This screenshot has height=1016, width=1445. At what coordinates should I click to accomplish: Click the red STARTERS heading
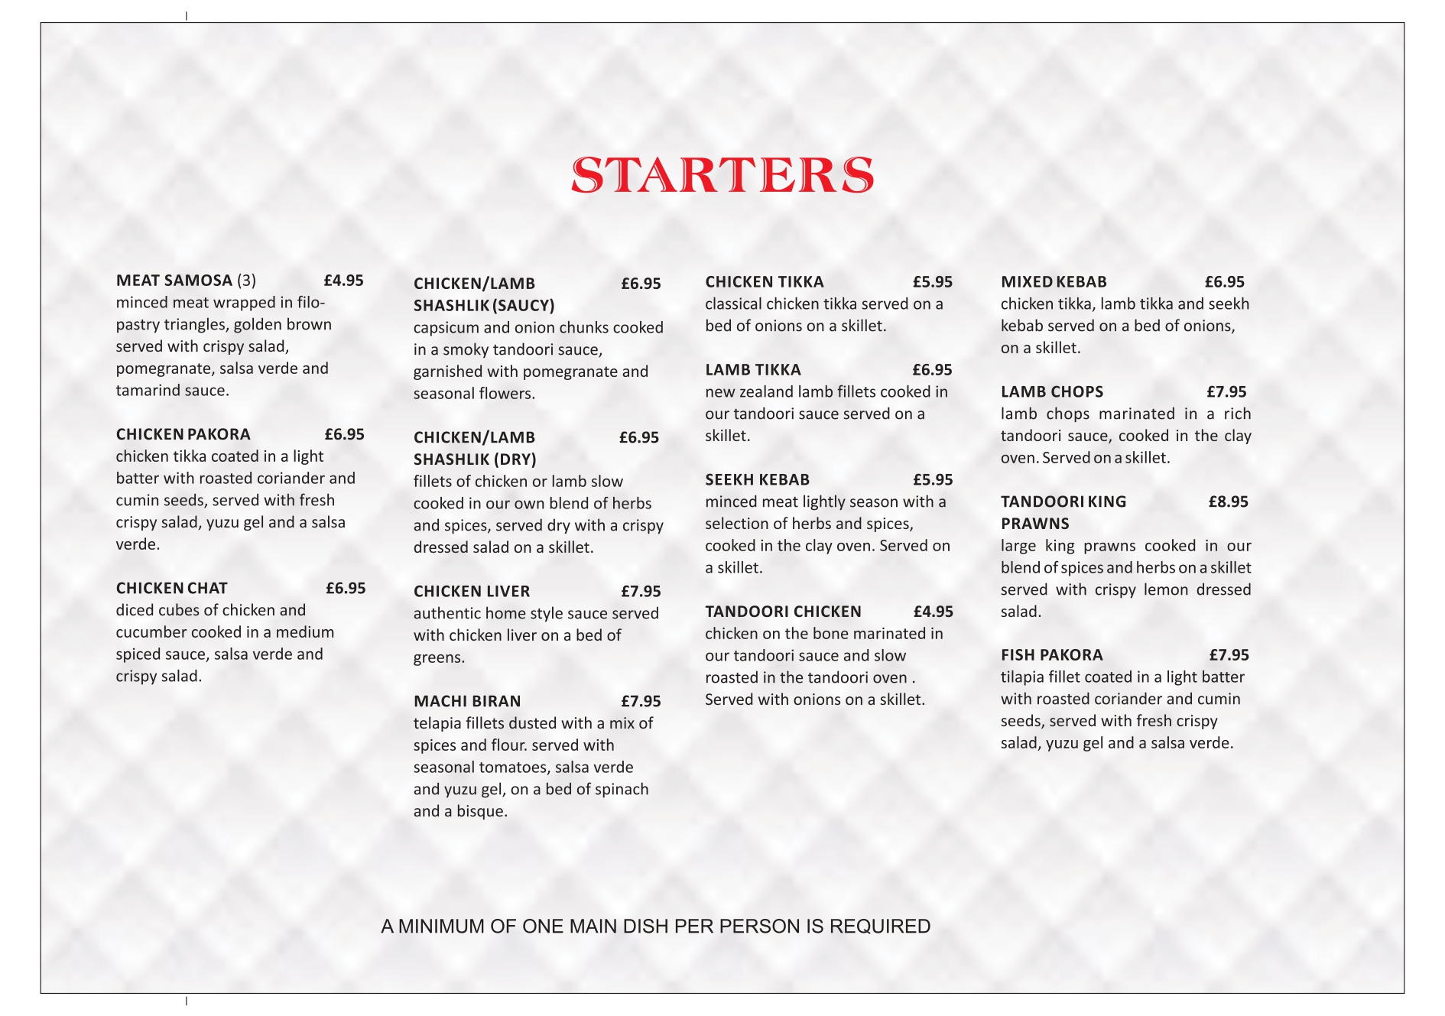tap(722, 175)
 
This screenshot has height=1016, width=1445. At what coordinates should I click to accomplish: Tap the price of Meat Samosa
tap(343, 281)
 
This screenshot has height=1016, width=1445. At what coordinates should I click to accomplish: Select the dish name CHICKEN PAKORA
tap(183, 434)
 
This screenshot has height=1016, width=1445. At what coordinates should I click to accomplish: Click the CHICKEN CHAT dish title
tap(172, 588)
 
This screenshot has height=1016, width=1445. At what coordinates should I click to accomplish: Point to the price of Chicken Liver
tap(641, 591)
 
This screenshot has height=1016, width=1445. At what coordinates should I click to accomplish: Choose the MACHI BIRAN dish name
tap(467, 701)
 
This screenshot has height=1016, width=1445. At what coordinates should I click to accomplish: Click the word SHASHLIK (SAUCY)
tap(484, 306)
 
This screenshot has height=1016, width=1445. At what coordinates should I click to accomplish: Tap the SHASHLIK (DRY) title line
tap(475, 459)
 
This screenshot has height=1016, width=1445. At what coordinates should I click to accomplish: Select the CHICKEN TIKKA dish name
tap(765, 282)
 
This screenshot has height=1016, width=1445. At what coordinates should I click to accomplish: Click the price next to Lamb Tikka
tap(932, 370)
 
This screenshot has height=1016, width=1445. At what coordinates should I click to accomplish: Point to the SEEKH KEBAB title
tap(757, 480)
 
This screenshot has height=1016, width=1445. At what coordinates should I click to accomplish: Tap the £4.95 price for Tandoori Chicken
tap(934, 612)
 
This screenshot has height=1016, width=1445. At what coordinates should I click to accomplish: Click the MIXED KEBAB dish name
tap(1054, 282)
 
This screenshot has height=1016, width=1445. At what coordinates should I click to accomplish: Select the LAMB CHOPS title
tap(1052, 392)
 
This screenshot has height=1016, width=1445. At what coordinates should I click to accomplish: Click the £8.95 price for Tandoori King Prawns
tap(1228, 502)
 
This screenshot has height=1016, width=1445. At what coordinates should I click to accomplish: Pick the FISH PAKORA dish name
tap(1052, 655)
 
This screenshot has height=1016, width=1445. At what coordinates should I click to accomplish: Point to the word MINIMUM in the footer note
tap(442, 927)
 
